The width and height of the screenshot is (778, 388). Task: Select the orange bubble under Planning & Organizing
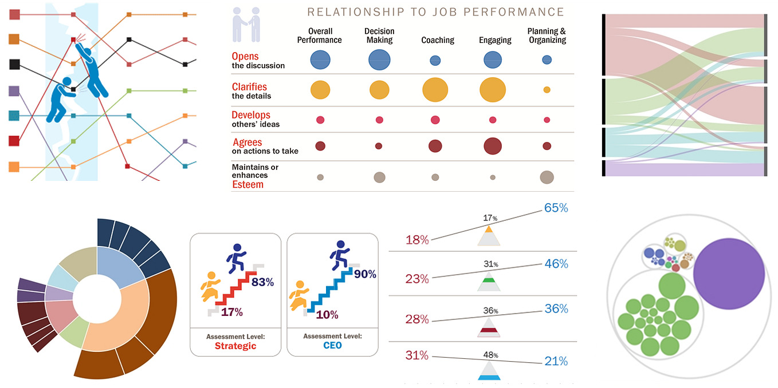(547, 90)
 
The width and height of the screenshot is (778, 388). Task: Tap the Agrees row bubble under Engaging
(493, 146)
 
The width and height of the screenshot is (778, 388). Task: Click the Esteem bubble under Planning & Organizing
(547, 177)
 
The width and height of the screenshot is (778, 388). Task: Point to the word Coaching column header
(438, 40)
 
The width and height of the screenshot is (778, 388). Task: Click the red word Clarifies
(249, 87)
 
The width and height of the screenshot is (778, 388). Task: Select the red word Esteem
(247, 185)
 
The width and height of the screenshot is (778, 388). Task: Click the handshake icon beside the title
(247, 25)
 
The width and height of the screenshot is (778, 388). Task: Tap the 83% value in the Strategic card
(262, 282)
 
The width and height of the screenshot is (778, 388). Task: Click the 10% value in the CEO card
(327, 314)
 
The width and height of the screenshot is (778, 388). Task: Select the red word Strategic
(235, 346)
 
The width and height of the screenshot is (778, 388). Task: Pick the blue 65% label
(556, 208)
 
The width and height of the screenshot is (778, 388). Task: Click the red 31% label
(417, 355)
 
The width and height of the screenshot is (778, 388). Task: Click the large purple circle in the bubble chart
(729, 274)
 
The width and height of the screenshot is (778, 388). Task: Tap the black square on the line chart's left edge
(15, 64)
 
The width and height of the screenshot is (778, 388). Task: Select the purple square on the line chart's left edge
(15, 90)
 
